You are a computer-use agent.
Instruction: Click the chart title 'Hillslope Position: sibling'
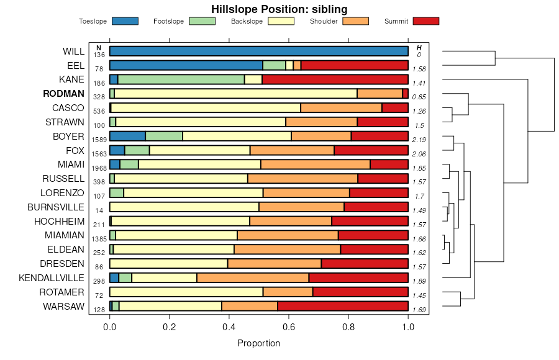click(279, 9)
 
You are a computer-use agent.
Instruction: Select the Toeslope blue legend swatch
click(125, 21)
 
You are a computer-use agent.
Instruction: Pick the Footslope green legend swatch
click(202, 21)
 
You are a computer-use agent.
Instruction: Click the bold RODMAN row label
click(63, 94)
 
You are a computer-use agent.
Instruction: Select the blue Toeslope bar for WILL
click(258, 51)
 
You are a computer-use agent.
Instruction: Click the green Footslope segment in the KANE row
click(181, 79)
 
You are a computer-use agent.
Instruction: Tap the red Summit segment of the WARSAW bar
click(342, 306)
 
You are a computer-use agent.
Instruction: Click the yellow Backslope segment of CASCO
click(206, 107)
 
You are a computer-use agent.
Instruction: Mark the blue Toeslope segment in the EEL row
click(186, 65)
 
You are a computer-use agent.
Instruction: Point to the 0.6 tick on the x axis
click(289, 324)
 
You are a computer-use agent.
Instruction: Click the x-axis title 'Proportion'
click(258, 343)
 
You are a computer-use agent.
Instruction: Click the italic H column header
click(419, 48)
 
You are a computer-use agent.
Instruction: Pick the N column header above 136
click(99, 48)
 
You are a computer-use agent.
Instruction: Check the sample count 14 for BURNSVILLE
click(99, 210)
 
